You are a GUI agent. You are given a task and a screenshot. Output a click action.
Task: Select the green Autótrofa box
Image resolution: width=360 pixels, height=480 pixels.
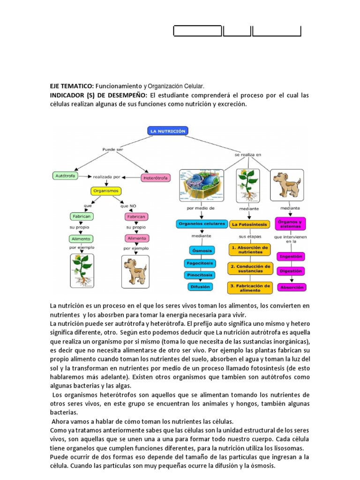click(x=65, y=176)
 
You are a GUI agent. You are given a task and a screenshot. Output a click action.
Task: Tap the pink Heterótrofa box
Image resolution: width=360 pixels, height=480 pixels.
click(x=156, y=178)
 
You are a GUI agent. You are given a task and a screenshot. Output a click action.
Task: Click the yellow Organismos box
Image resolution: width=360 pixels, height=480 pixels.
click(x=105, y=191)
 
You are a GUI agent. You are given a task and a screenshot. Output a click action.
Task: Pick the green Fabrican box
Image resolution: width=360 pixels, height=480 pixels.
click(x=81, y=217)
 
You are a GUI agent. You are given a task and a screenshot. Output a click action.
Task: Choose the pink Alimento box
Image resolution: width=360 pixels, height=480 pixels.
click(x=137, y=238)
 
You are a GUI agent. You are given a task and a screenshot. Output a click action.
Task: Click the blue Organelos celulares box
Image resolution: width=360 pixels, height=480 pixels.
click(x=202, y=224)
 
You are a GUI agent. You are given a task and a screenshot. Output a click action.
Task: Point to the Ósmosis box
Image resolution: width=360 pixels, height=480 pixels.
click(x=202, y=250)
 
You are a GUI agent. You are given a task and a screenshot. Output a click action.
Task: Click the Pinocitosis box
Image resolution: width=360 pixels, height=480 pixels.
click(x=200, y=275)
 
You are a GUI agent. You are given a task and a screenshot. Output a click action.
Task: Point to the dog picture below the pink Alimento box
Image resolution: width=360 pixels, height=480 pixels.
click(x=135, y=271)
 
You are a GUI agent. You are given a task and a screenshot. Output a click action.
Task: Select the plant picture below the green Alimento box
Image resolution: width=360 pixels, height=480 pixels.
click(x=82, y=270)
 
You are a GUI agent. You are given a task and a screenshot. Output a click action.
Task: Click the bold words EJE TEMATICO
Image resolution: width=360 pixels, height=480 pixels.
click(x=72, y=87)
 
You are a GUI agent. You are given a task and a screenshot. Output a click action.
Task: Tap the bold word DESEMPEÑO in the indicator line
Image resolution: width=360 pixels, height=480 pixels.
click(x=116, y=96)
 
